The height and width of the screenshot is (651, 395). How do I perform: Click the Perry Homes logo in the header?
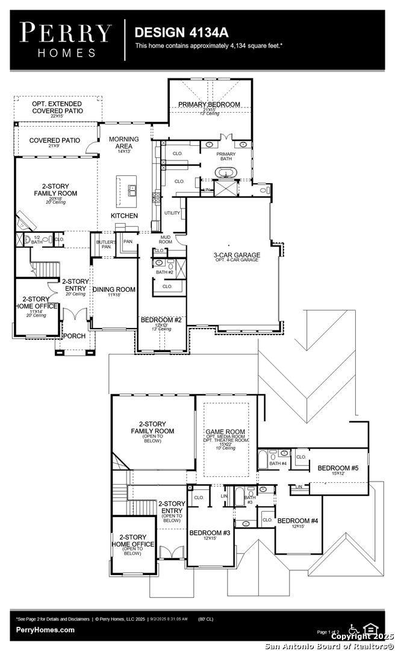[x=66, y=39]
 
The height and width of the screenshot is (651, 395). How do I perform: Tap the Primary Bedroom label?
[x=209, y=104]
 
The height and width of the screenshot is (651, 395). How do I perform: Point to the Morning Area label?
[x=123, y=142]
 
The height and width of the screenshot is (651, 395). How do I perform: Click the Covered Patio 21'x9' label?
[x=55, y=140]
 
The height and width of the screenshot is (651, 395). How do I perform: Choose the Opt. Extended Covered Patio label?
[x=58, y=107]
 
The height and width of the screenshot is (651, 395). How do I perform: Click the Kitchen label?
[x=124, y=216]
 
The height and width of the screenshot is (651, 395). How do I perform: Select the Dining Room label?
[x=114, y=290]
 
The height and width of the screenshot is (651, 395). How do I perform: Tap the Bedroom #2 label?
[x=161, y=319]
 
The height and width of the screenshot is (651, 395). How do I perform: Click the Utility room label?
[x=172, y=213]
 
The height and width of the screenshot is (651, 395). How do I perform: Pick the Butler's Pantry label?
[x=104, y=244]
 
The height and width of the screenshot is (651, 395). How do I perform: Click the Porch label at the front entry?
[x=75, y=336]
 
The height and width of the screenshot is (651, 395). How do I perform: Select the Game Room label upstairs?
[x=225, y=432]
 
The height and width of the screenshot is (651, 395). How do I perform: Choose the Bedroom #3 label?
[x=210, y=533]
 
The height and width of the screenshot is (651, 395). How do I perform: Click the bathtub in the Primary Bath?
[x=226, y=174]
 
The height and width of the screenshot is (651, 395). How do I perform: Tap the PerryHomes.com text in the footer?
[x=45, y=630]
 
